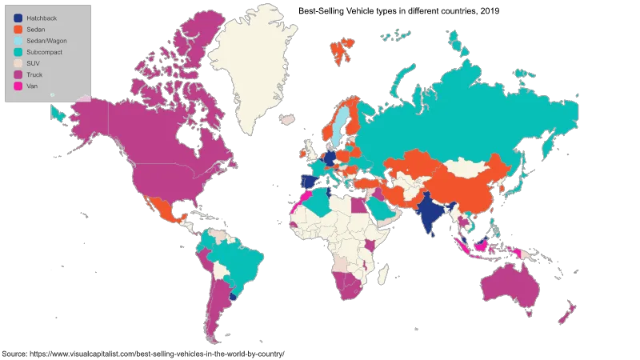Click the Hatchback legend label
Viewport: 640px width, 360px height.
(x=41, y=18)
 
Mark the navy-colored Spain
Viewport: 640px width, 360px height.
(x=306, y=181)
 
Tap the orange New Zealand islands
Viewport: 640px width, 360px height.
(x=570, y=313)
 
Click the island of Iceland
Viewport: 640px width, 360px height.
(x=286, y=120)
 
